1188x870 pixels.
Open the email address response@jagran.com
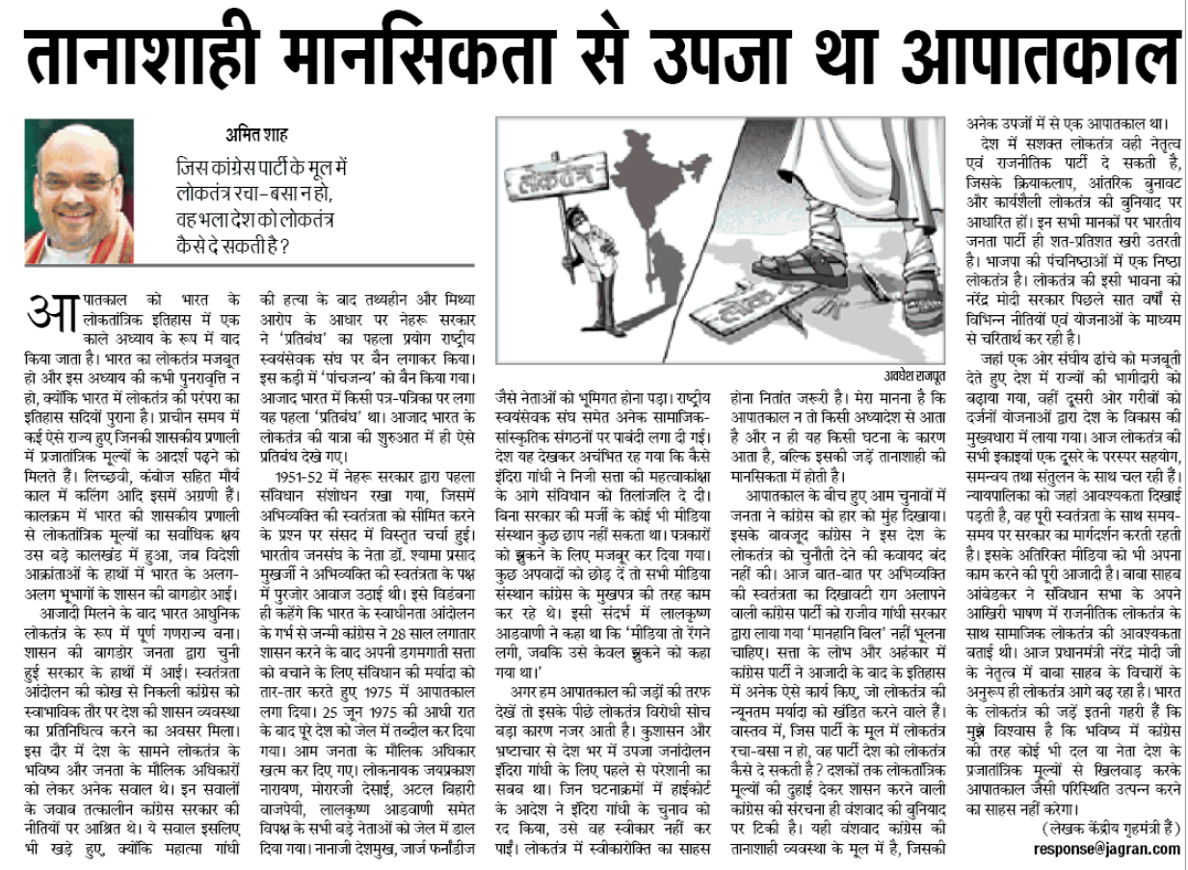(1106, 849)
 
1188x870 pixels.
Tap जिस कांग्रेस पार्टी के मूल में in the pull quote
(261, 167)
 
